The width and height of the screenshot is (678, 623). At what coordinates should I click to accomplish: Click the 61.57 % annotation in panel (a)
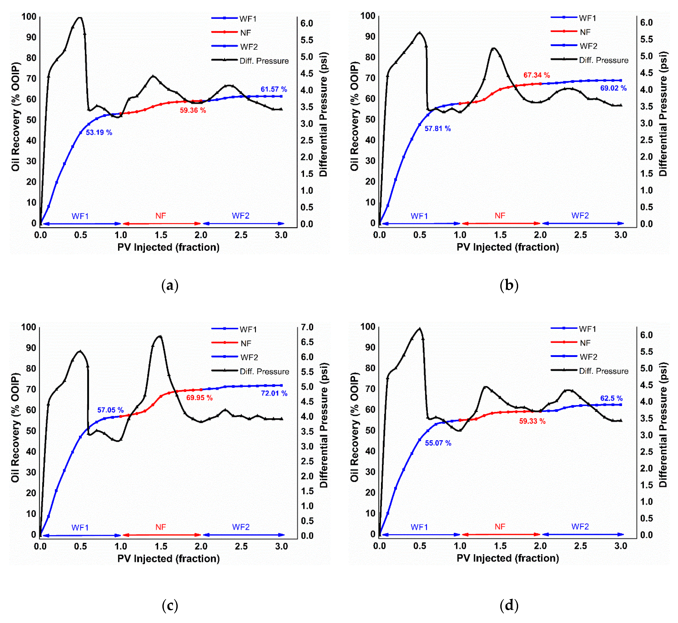[x=274, y=89]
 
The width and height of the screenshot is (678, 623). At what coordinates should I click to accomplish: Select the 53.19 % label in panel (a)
[x=99, y=132]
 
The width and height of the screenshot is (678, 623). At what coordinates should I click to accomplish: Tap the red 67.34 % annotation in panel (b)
[x=536, y=75]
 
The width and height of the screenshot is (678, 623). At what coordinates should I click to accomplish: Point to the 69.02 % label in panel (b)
[x=613, y=88]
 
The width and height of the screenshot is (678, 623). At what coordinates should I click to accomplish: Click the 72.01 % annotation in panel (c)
[x=274, y=393]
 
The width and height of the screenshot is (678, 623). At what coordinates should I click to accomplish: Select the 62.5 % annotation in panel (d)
[x=611, y=398]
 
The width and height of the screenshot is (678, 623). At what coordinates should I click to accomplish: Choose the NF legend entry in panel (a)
[x=245, y=33]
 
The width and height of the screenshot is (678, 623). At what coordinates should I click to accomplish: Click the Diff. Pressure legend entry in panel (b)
[x=603, y=60]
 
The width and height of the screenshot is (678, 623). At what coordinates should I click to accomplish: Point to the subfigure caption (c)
[x=170, y=606]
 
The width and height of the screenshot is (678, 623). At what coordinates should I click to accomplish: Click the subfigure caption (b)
[x=509, y=286]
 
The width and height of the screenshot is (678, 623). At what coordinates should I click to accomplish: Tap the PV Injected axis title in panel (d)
[x=507, y=558]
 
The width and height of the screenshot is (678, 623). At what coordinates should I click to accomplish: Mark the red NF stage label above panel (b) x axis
[x=500, y=216]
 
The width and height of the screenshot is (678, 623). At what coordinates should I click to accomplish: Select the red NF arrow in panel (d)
[x=501, y=535]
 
